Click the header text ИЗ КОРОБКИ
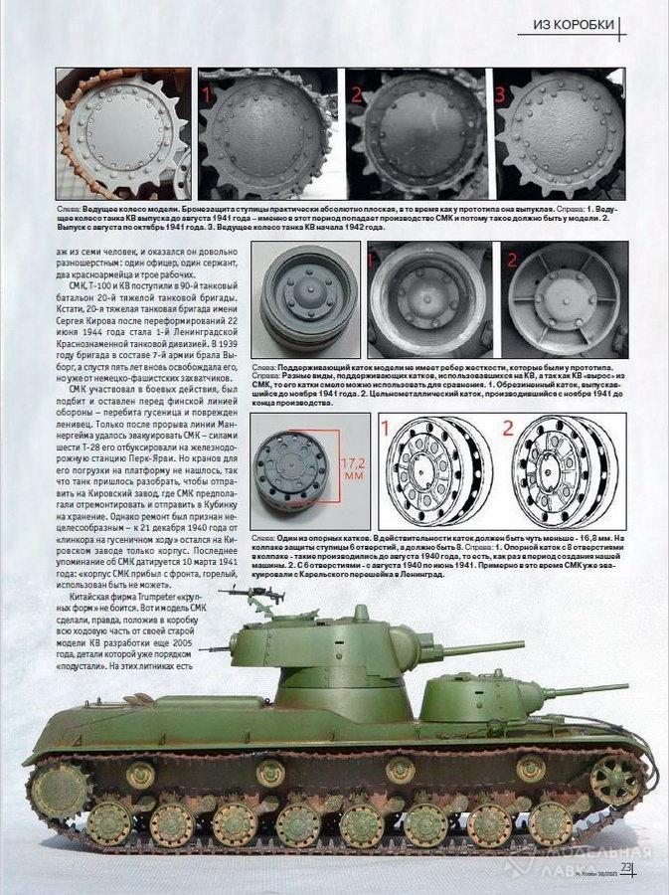point(574,24)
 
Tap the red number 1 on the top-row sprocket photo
point(207,94)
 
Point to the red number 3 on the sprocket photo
point(500,94)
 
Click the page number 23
point(626,867)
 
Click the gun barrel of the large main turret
point(477,649)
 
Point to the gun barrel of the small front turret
point(586,689)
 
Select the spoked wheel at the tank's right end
point(615,779)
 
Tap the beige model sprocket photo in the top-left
point(123,134)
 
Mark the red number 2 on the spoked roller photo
point(514,264)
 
